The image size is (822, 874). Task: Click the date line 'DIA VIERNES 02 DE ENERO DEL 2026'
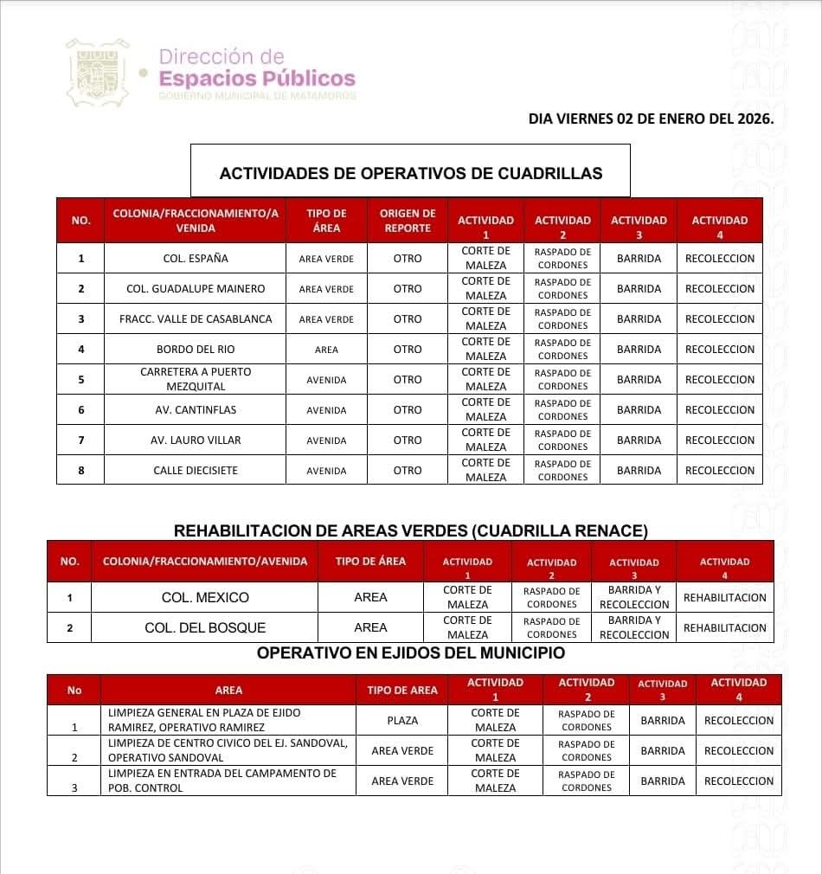(651, 118)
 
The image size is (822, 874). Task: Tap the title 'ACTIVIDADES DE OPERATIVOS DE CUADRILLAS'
(410, 173)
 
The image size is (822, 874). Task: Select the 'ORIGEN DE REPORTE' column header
(408, 221)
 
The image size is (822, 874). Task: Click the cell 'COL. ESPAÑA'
(196, 259)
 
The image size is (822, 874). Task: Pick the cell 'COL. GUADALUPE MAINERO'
(196, 289)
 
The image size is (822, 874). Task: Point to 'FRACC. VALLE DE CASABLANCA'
(196, 319)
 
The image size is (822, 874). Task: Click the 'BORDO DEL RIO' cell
(196, 350)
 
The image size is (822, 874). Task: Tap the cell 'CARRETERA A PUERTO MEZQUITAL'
(196, 379)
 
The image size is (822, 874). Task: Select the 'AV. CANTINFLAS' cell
(196, 410)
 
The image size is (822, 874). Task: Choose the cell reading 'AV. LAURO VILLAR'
(196, 440)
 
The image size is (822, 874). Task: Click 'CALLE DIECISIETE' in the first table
(196, 471)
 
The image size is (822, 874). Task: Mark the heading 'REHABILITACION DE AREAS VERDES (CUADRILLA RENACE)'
(410, 530)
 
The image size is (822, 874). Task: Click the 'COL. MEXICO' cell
(205, 598)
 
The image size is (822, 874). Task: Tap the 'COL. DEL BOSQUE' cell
(205, 628)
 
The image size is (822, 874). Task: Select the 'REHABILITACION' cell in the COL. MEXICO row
(724, 598)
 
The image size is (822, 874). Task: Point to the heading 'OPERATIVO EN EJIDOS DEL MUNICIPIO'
(410, 653)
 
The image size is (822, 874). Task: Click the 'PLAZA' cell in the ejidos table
(402, 720)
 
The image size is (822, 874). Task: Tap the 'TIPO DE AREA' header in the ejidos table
(402, 691)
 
